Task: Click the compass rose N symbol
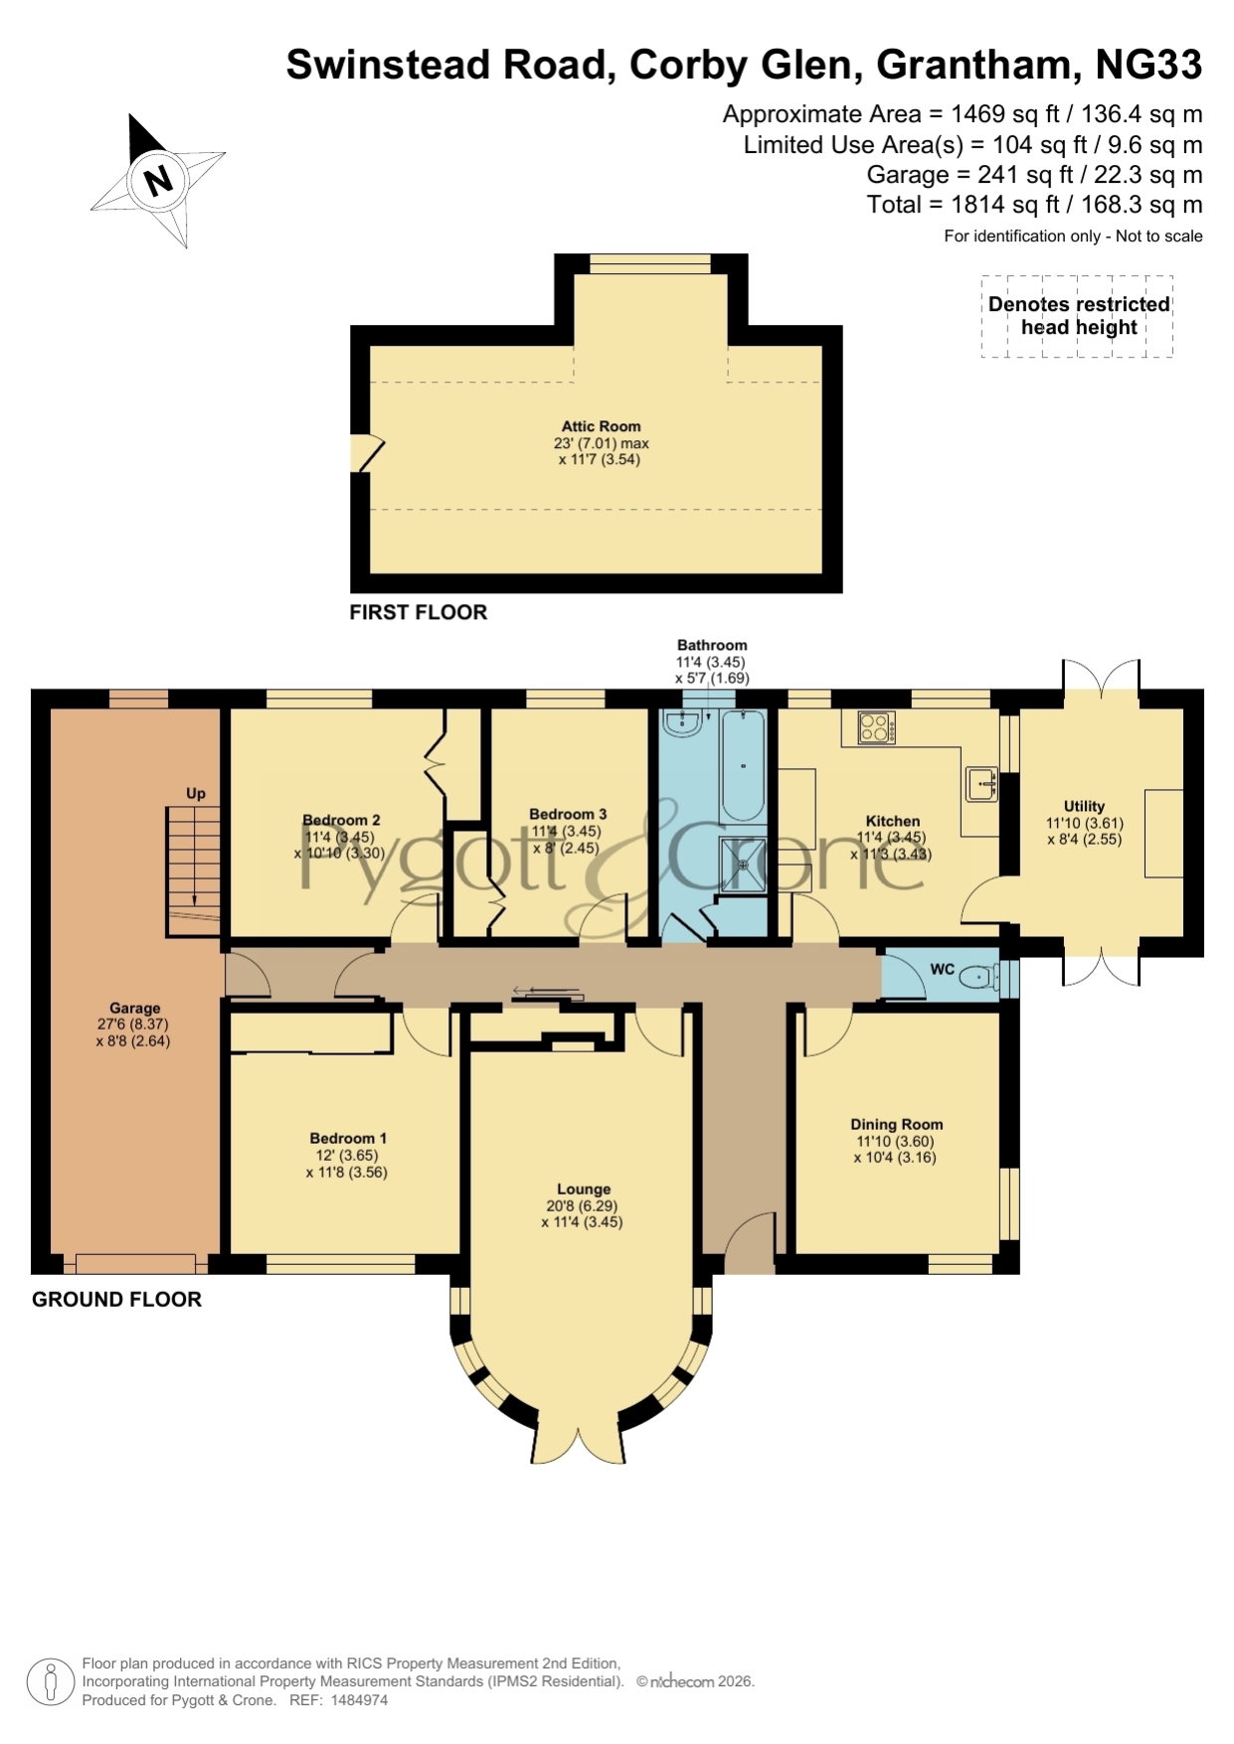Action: [x=158, y=181]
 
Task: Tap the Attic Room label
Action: [x=602, y=426]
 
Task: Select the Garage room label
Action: [x=135, y=1008]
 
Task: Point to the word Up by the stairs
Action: [x=196, y=793]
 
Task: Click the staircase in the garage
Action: [x=193, y=872]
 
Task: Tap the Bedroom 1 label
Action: [x=348, y=1138]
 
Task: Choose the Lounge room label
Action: [x=584, y=1189]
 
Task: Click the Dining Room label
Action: [x=897, y=1124]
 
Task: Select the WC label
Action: [x=943, y=969]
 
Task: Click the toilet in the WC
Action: [x=979, y=978]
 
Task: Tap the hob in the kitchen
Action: [x=876, y=727]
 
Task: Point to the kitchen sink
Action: [x=982, y=784]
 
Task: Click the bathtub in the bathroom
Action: [x=743, y=765]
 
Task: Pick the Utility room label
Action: [x=1084, y=806]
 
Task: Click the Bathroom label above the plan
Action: [x=712, y=645]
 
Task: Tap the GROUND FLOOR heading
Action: [x=117, y=1299]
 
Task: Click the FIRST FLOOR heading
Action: [x=419, y=612]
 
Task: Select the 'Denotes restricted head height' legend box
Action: [x=1078, y=316]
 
